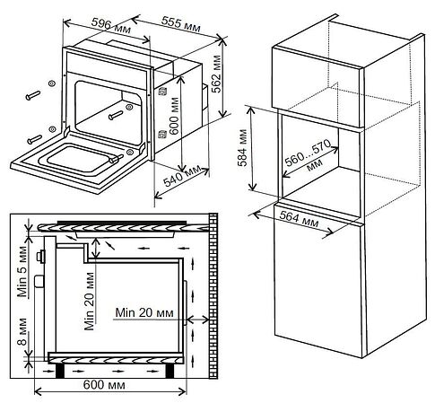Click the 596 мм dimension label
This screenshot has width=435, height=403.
pos(110,26)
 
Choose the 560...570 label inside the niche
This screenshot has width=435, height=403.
pos(308,153)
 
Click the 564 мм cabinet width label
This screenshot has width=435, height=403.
pos(300,220)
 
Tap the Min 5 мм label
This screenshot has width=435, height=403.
pos(22,271)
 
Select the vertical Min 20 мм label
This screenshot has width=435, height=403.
pos(90,302)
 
